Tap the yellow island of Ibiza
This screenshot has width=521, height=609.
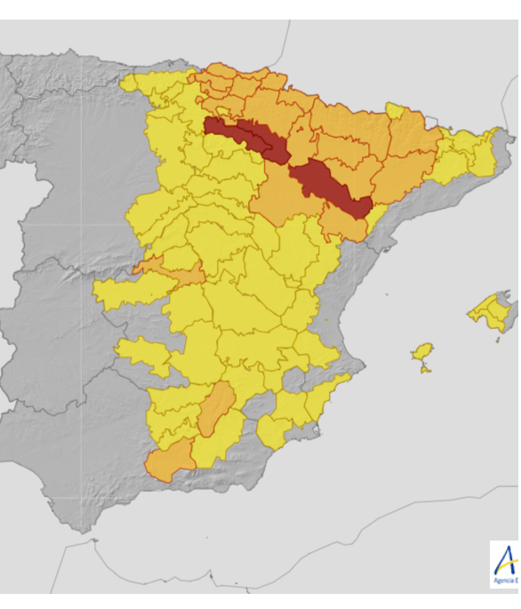423,352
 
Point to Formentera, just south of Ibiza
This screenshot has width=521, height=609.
426,368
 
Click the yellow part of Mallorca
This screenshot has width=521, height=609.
488,311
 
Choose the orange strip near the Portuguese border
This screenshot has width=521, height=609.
169,270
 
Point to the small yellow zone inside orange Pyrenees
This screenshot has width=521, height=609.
396,111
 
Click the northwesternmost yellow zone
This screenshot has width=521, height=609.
142,84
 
